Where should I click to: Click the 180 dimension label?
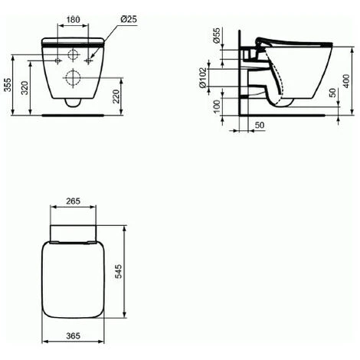pos(74,19)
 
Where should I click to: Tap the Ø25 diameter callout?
pos(129,19)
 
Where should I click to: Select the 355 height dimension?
pos(8,84)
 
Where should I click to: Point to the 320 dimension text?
pos(25,87)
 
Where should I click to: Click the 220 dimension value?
pos(116,96)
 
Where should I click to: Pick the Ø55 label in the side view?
pos(217,35)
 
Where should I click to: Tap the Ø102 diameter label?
pos(203,77)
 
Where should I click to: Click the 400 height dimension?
pos(346,81)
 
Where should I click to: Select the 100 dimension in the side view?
pos(217,106)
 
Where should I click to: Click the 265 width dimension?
pos(74,201)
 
